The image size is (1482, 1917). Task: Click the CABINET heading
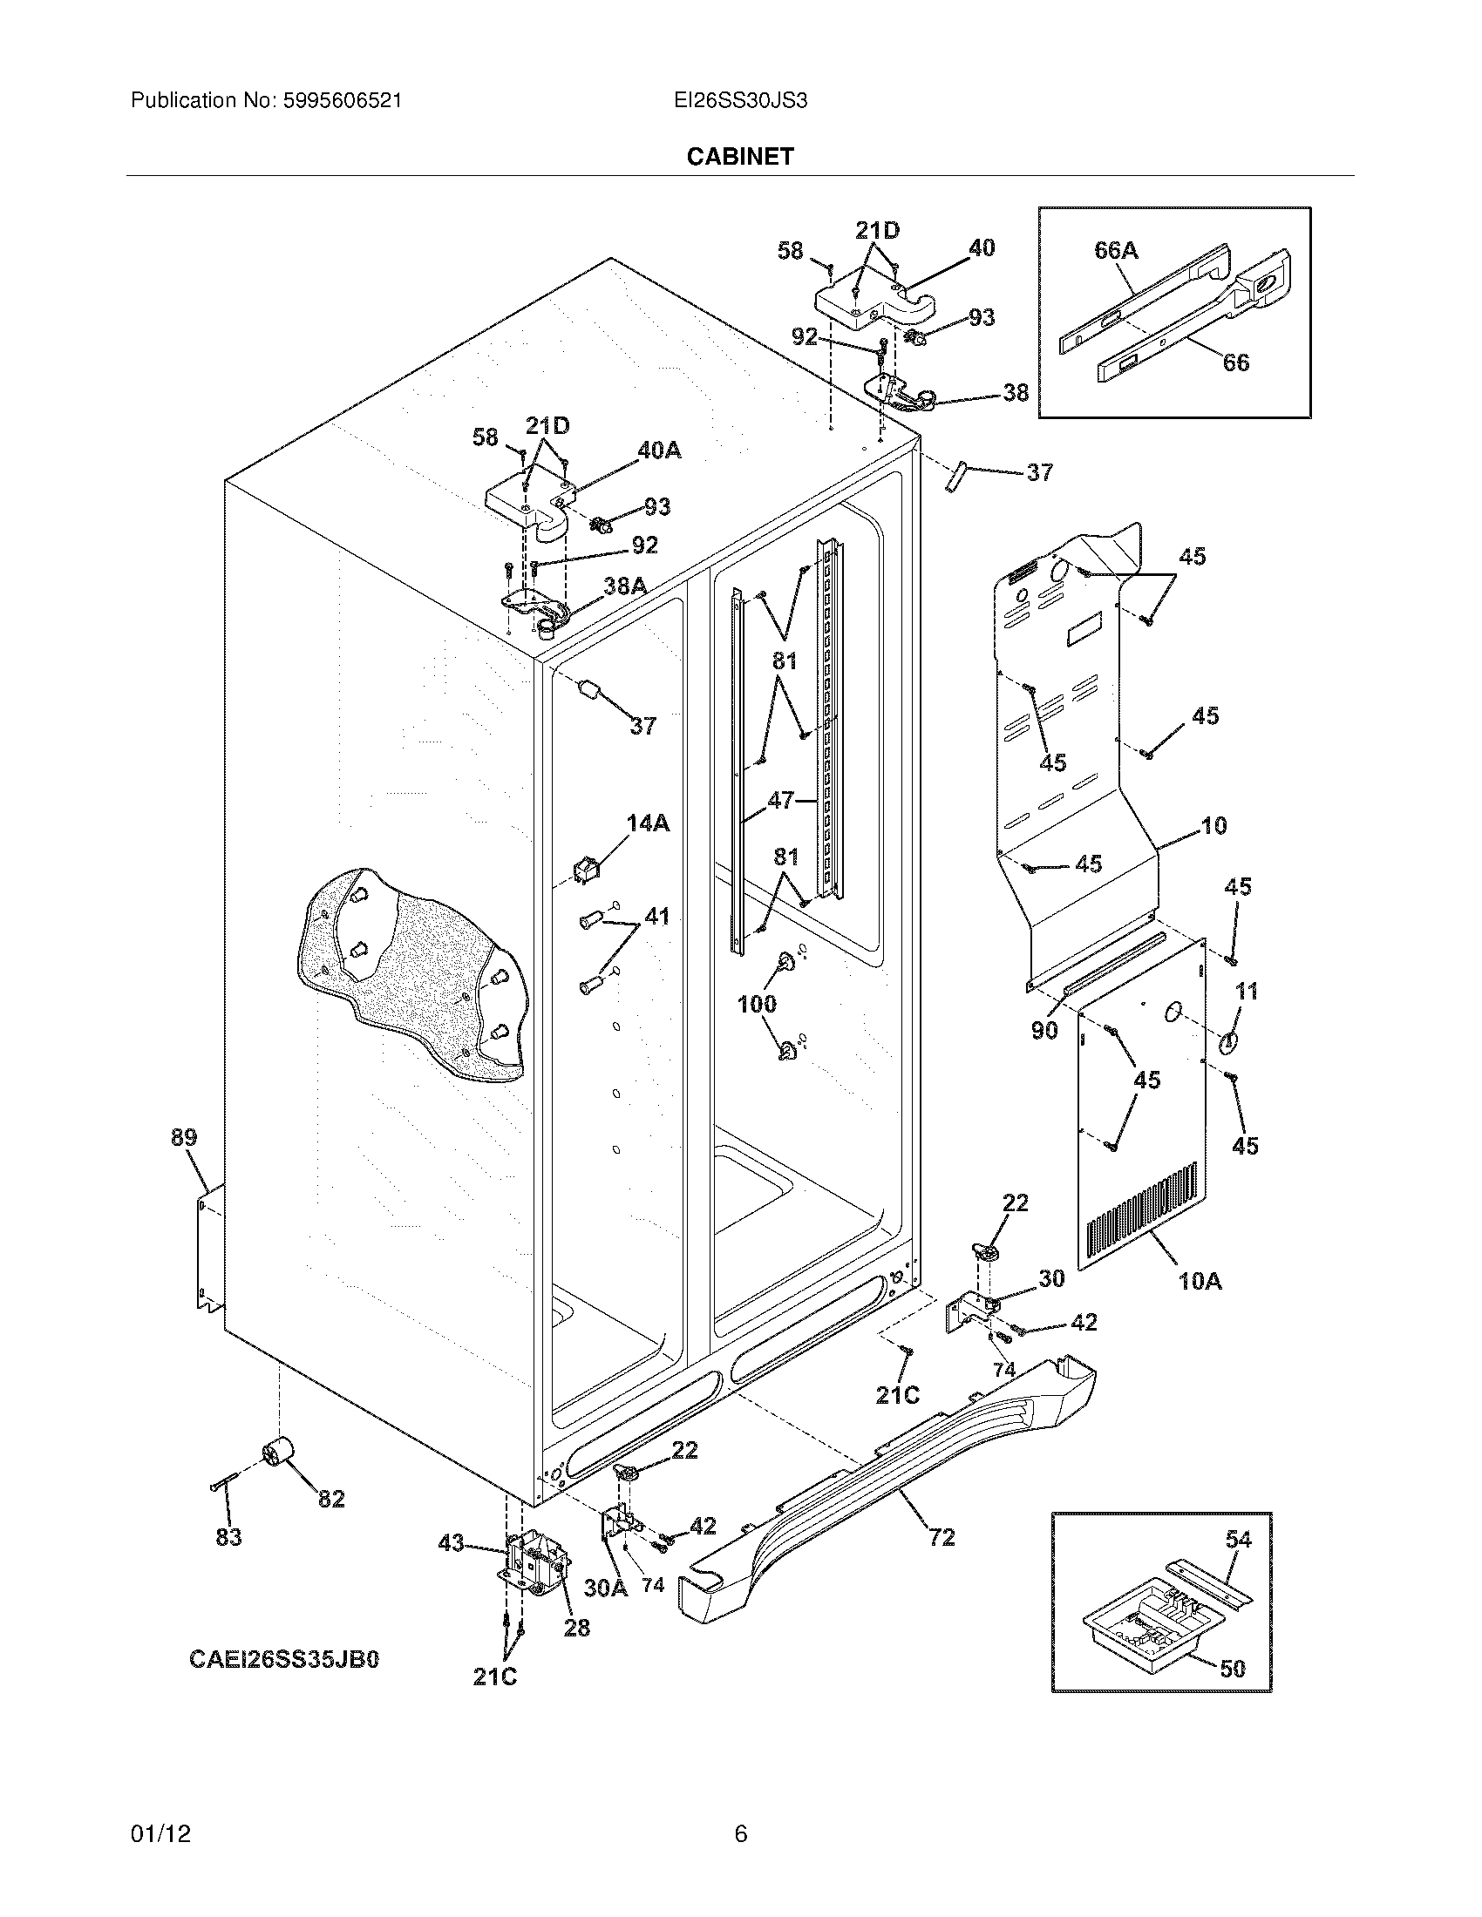tap(739, 156)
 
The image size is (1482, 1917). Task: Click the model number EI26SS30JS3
tap(740, 101)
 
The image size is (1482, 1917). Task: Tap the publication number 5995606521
tap(342, 101)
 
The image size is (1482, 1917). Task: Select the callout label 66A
tap(1116, 250)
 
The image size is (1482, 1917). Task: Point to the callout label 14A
tap(648, 823)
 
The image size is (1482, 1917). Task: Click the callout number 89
tap(183, 1137)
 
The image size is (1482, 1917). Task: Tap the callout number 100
tap(757, 1003)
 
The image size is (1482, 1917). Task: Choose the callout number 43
tap(451, 1543)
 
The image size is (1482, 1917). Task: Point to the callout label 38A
tap(625, 586)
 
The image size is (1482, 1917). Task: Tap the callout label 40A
tap(659, 450)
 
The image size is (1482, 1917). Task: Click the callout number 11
tap(1247, 991)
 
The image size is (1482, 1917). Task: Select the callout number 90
tap(1044, 1030)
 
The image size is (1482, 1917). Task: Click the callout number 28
tap(576, 1628)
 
